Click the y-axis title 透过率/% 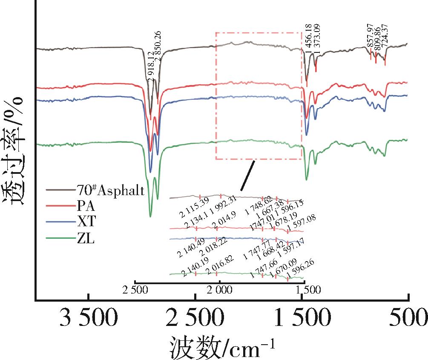pyautogui.click(x=16, y=151)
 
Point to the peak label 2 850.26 pyautogui.click(x=158, y=46)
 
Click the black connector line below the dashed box pyautogui.click(x=247, y=176)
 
